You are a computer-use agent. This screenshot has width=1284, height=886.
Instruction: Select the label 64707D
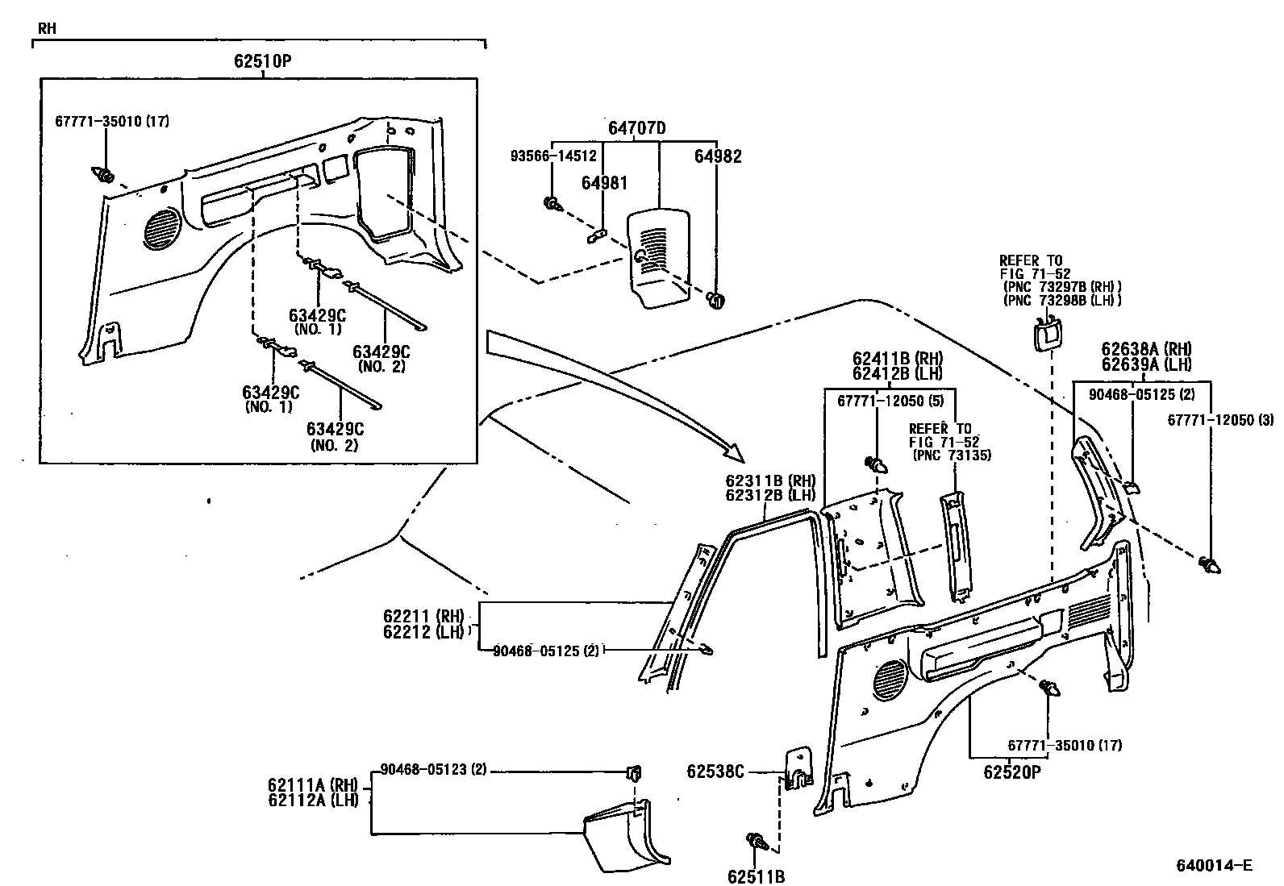coord(637,128)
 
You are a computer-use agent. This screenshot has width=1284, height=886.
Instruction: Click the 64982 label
coord(718,156)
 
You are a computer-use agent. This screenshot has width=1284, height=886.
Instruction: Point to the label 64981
coord(604,184)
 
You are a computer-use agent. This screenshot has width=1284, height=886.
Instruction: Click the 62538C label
coord(715,772)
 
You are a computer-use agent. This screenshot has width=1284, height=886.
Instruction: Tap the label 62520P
coord(1011,772)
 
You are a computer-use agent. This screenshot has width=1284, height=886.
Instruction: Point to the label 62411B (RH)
coord(897,358)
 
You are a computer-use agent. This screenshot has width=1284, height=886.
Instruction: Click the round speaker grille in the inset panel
coord(164,227)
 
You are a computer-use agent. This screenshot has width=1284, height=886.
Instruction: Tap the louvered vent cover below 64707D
coord(660,256)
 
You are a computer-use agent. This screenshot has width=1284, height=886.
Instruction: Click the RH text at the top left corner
coord(46,29)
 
